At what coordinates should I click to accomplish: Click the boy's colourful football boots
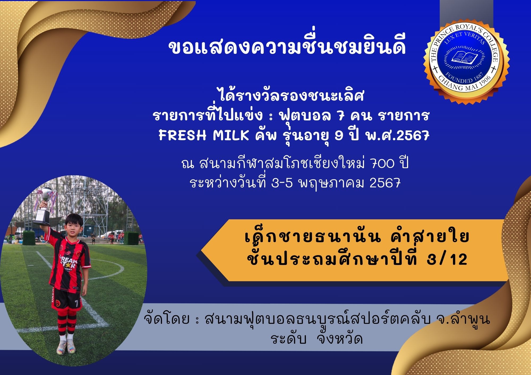pos(67,346)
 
